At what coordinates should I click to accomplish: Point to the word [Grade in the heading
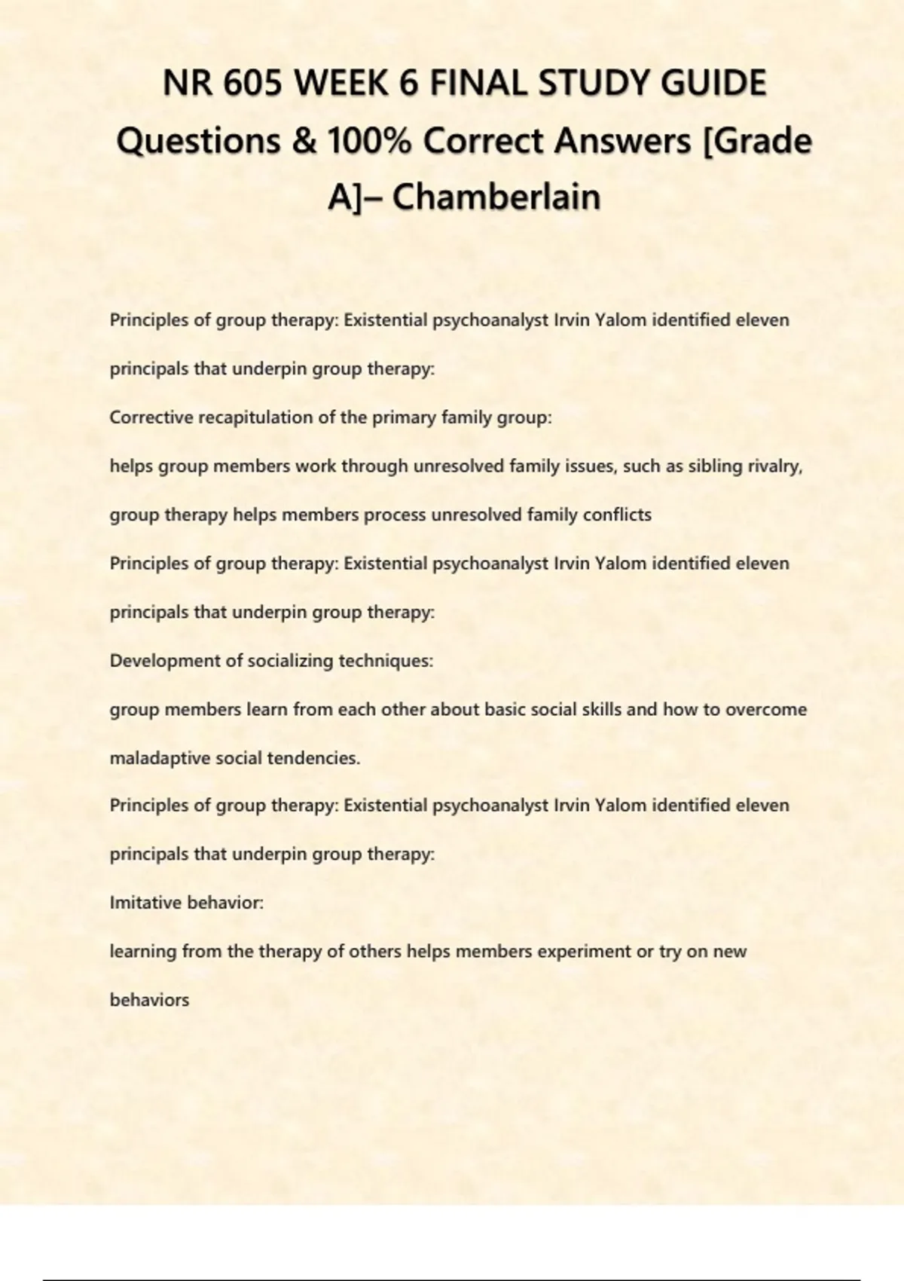pos(756,141)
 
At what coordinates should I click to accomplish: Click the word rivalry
pos(774,466)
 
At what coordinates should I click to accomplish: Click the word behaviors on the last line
pos(149,1001)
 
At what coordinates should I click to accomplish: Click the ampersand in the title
pos(303,141)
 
